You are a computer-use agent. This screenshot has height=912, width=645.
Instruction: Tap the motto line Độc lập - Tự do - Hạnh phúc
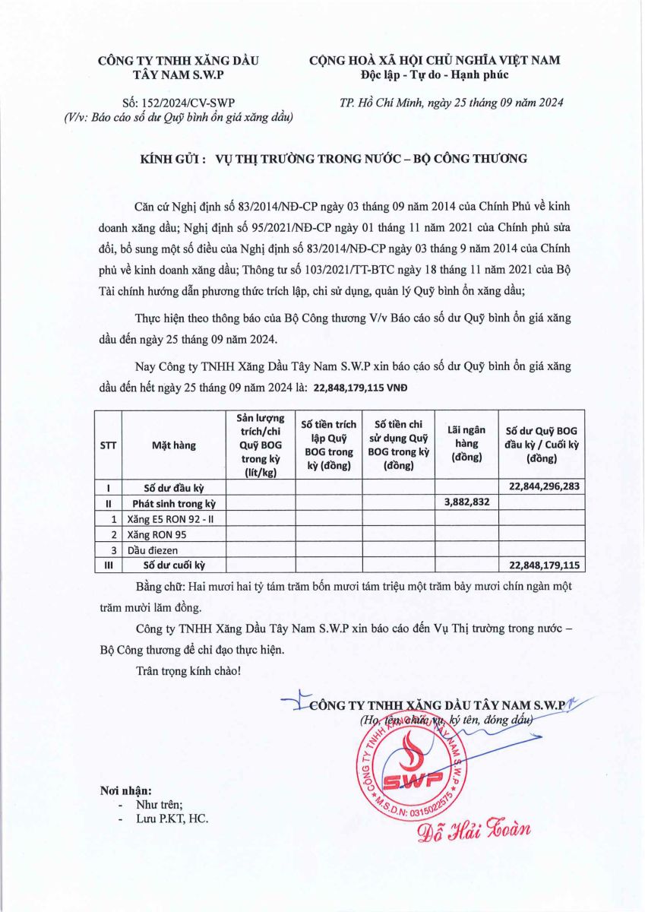(435, 74)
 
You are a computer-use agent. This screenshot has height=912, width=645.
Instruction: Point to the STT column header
(108, 445)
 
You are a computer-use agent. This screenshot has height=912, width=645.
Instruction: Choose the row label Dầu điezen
(151, 549)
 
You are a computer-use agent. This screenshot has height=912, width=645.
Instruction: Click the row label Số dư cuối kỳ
(175, 565)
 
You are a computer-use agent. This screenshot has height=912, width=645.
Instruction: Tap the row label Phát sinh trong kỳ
(174, 503)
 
